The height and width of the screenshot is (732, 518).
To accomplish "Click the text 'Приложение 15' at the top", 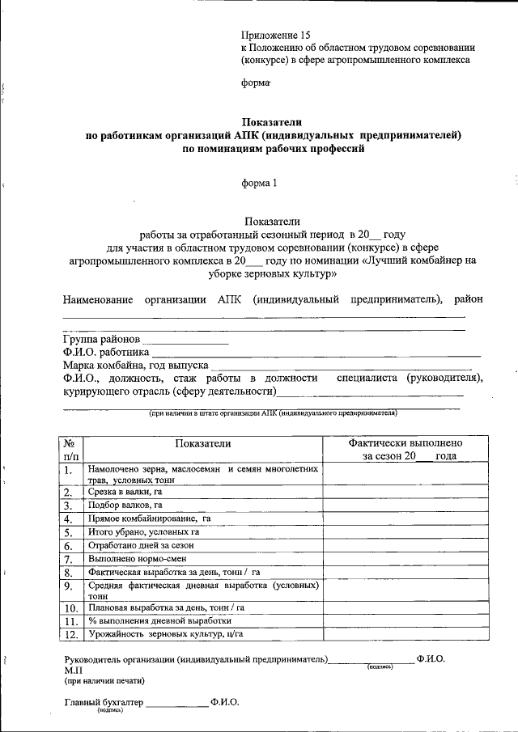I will click(275, 35).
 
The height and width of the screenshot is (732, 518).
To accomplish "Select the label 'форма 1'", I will click(259, 183).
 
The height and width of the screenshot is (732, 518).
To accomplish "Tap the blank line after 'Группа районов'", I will click(185, 340).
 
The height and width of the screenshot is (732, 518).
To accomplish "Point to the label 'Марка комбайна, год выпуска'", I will click(136, 366).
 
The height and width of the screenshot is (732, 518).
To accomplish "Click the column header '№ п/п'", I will click(70, 450).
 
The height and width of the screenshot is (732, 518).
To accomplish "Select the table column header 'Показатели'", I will click(202, 443).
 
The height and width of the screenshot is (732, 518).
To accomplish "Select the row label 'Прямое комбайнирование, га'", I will click(150, 518).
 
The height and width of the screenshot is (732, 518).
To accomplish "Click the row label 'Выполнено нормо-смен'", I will click(133, 559).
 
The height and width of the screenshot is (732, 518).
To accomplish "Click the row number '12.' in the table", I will click(70, 635).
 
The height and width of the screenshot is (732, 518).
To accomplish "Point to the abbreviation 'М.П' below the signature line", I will click(71, 671).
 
